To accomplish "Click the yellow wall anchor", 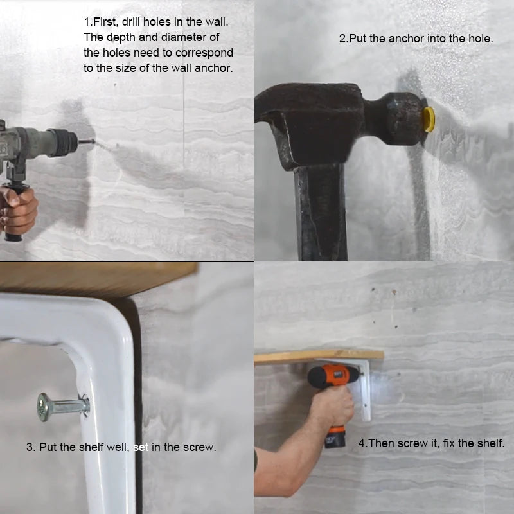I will pos(429,120).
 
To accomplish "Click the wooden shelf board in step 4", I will pos(318,356).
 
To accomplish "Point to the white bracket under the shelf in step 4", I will pos(363,392).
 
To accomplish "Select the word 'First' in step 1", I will pos(105,22).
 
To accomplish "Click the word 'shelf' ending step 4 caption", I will pos(490,443).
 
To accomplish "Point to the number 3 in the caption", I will pos(30,447).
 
